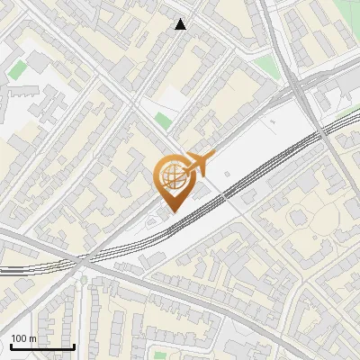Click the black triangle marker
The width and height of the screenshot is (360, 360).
click(181, 24)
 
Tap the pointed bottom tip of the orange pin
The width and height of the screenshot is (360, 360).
click(171, 211)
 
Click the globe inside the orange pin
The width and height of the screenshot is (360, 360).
click(171, 175)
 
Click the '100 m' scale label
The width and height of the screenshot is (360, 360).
click(23, 338)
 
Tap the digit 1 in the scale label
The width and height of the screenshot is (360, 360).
click(13, 338)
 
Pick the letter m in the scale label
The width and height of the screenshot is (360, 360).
click(32, 338)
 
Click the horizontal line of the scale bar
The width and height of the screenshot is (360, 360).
click(41, 346)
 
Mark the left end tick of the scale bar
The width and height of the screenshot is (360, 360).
click(10, 345)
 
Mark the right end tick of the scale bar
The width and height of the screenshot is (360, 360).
click(74, 345)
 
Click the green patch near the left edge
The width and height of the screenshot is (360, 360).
click(17, 68)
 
